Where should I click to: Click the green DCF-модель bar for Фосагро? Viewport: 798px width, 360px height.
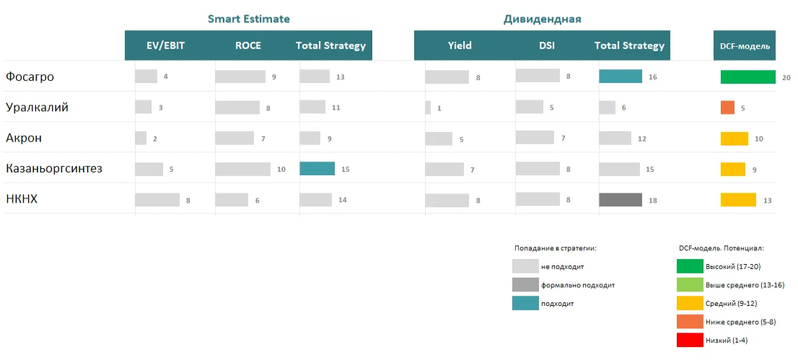[x=747, y=77]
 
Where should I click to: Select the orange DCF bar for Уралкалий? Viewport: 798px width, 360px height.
[x=727, y=107]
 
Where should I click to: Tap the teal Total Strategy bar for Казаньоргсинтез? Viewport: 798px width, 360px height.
[x=317, y=169]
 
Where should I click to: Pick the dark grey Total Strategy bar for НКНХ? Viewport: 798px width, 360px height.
[x=620, y=200]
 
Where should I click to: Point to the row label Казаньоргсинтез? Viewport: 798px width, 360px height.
[x=53, y=169]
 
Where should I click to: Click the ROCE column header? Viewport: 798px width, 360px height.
[x=248, y=45]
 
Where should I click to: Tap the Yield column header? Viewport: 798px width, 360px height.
[x=460, y=45]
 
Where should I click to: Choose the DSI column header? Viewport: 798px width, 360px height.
[x=547, y=45]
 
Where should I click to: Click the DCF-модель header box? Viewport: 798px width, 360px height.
[x=745, y=46]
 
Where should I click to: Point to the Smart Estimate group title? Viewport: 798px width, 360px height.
[x=249, y=19]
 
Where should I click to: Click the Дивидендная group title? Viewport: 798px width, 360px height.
[x=542, y=19]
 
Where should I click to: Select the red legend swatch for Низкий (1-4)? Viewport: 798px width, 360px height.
[x=690, y=340]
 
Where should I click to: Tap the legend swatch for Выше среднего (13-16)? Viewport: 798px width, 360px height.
[x=690, y=285]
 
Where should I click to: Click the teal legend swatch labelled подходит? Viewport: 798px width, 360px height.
[x=525, y=304]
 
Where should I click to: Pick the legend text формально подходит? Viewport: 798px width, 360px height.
[x=577, y=285]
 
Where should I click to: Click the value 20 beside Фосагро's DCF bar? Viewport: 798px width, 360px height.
[x=786, y=78]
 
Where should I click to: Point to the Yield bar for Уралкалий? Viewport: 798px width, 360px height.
[x=428, y=107]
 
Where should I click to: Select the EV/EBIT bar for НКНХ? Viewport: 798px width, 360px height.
[x=157, y=200]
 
